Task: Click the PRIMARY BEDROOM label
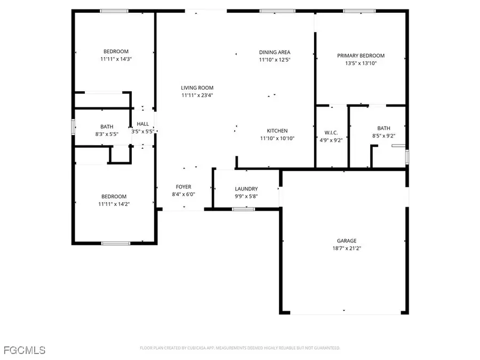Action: [361, 55]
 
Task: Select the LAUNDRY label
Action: [246, 189]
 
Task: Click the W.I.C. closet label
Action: [331, 132]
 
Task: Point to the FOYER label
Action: [183, 187]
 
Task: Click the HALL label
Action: [143, 124]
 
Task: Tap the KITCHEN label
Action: [277, 131]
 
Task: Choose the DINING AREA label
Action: [275, 52]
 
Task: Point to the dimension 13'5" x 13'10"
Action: [361, 63]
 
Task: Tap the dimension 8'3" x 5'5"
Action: [107, 134]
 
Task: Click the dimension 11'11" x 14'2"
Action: [114, 204]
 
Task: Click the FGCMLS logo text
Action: [24, 350]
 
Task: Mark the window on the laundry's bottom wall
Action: [243, 209]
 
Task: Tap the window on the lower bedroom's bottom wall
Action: [116, 243]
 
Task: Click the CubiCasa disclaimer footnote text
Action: [240, 348]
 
